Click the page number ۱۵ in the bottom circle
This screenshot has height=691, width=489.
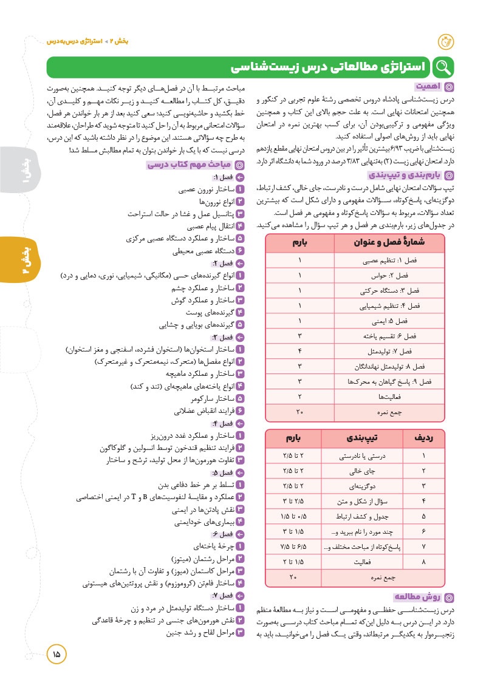pos(56,654)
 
